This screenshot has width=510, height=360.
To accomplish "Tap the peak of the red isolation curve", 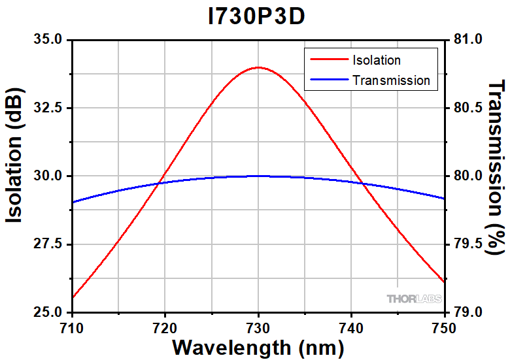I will pos(259,67).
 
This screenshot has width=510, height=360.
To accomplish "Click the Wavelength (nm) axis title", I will pos(258,346).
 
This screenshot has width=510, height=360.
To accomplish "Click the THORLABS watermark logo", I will pos(414,299).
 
